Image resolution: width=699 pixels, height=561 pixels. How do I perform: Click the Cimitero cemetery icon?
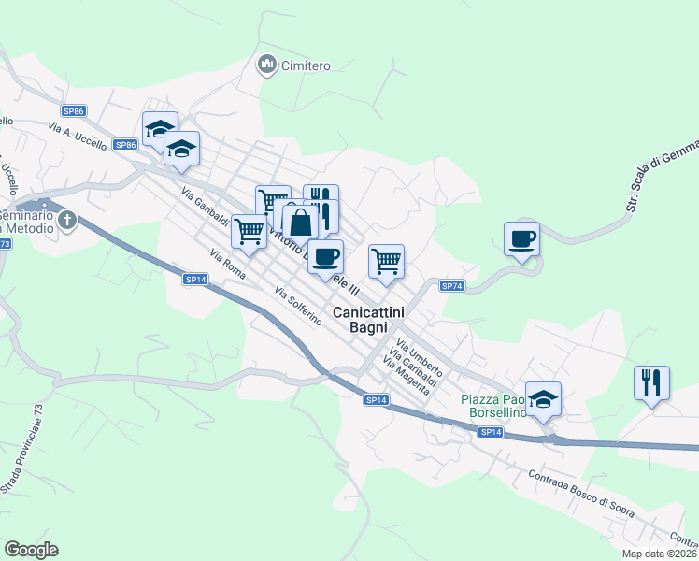click(x=267, y=65)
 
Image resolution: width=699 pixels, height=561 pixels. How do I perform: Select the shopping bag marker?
click(x=300, y=223)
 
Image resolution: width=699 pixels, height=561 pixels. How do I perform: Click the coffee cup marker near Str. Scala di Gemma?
click(x=521, y=239)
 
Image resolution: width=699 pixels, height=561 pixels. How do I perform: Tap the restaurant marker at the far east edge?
click(x=651, y=382)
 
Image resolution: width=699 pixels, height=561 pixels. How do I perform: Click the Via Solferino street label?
click(x=299, y=306)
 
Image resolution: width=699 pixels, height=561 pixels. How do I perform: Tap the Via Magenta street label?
click(x=406, y=376)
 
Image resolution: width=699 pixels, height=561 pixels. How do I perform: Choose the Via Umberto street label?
click(x=420, y=358)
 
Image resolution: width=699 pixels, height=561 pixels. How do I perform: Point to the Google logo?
click(x=31, y=550)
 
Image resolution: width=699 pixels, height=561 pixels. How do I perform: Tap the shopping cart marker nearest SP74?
click(x=386, y=262)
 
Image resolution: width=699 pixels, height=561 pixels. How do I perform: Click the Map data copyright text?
click(x=658, y=554)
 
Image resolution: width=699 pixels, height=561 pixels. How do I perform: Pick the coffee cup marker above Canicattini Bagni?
click(x=325, y=257)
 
